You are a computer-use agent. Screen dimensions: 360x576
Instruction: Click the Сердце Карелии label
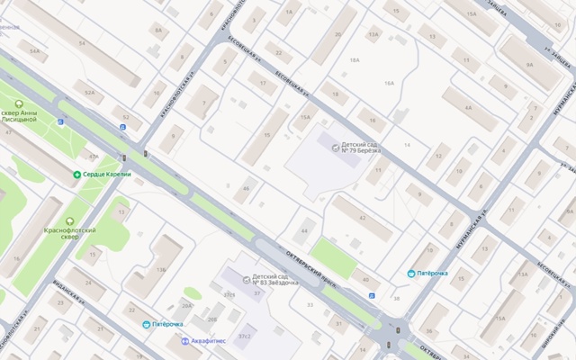point(108,174)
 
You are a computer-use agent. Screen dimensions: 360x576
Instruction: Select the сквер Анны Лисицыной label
point(20,115)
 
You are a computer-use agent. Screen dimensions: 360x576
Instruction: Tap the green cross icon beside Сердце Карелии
point(76,174)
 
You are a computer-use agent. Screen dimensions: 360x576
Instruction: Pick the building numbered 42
point(362,219)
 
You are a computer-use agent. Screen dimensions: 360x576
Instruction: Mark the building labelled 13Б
point(160,268)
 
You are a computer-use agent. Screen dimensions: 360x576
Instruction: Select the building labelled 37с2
point(243,336)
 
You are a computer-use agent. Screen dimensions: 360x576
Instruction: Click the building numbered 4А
point(468,106)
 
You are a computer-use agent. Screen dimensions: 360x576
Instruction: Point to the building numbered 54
point(83,42)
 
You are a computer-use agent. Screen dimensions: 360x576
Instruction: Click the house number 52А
point(88,92)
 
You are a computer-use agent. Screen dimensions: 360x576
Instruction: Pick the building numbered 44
point(304,232)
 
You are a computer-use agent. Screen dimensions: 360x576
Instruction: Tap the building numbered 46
point(246,187)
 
